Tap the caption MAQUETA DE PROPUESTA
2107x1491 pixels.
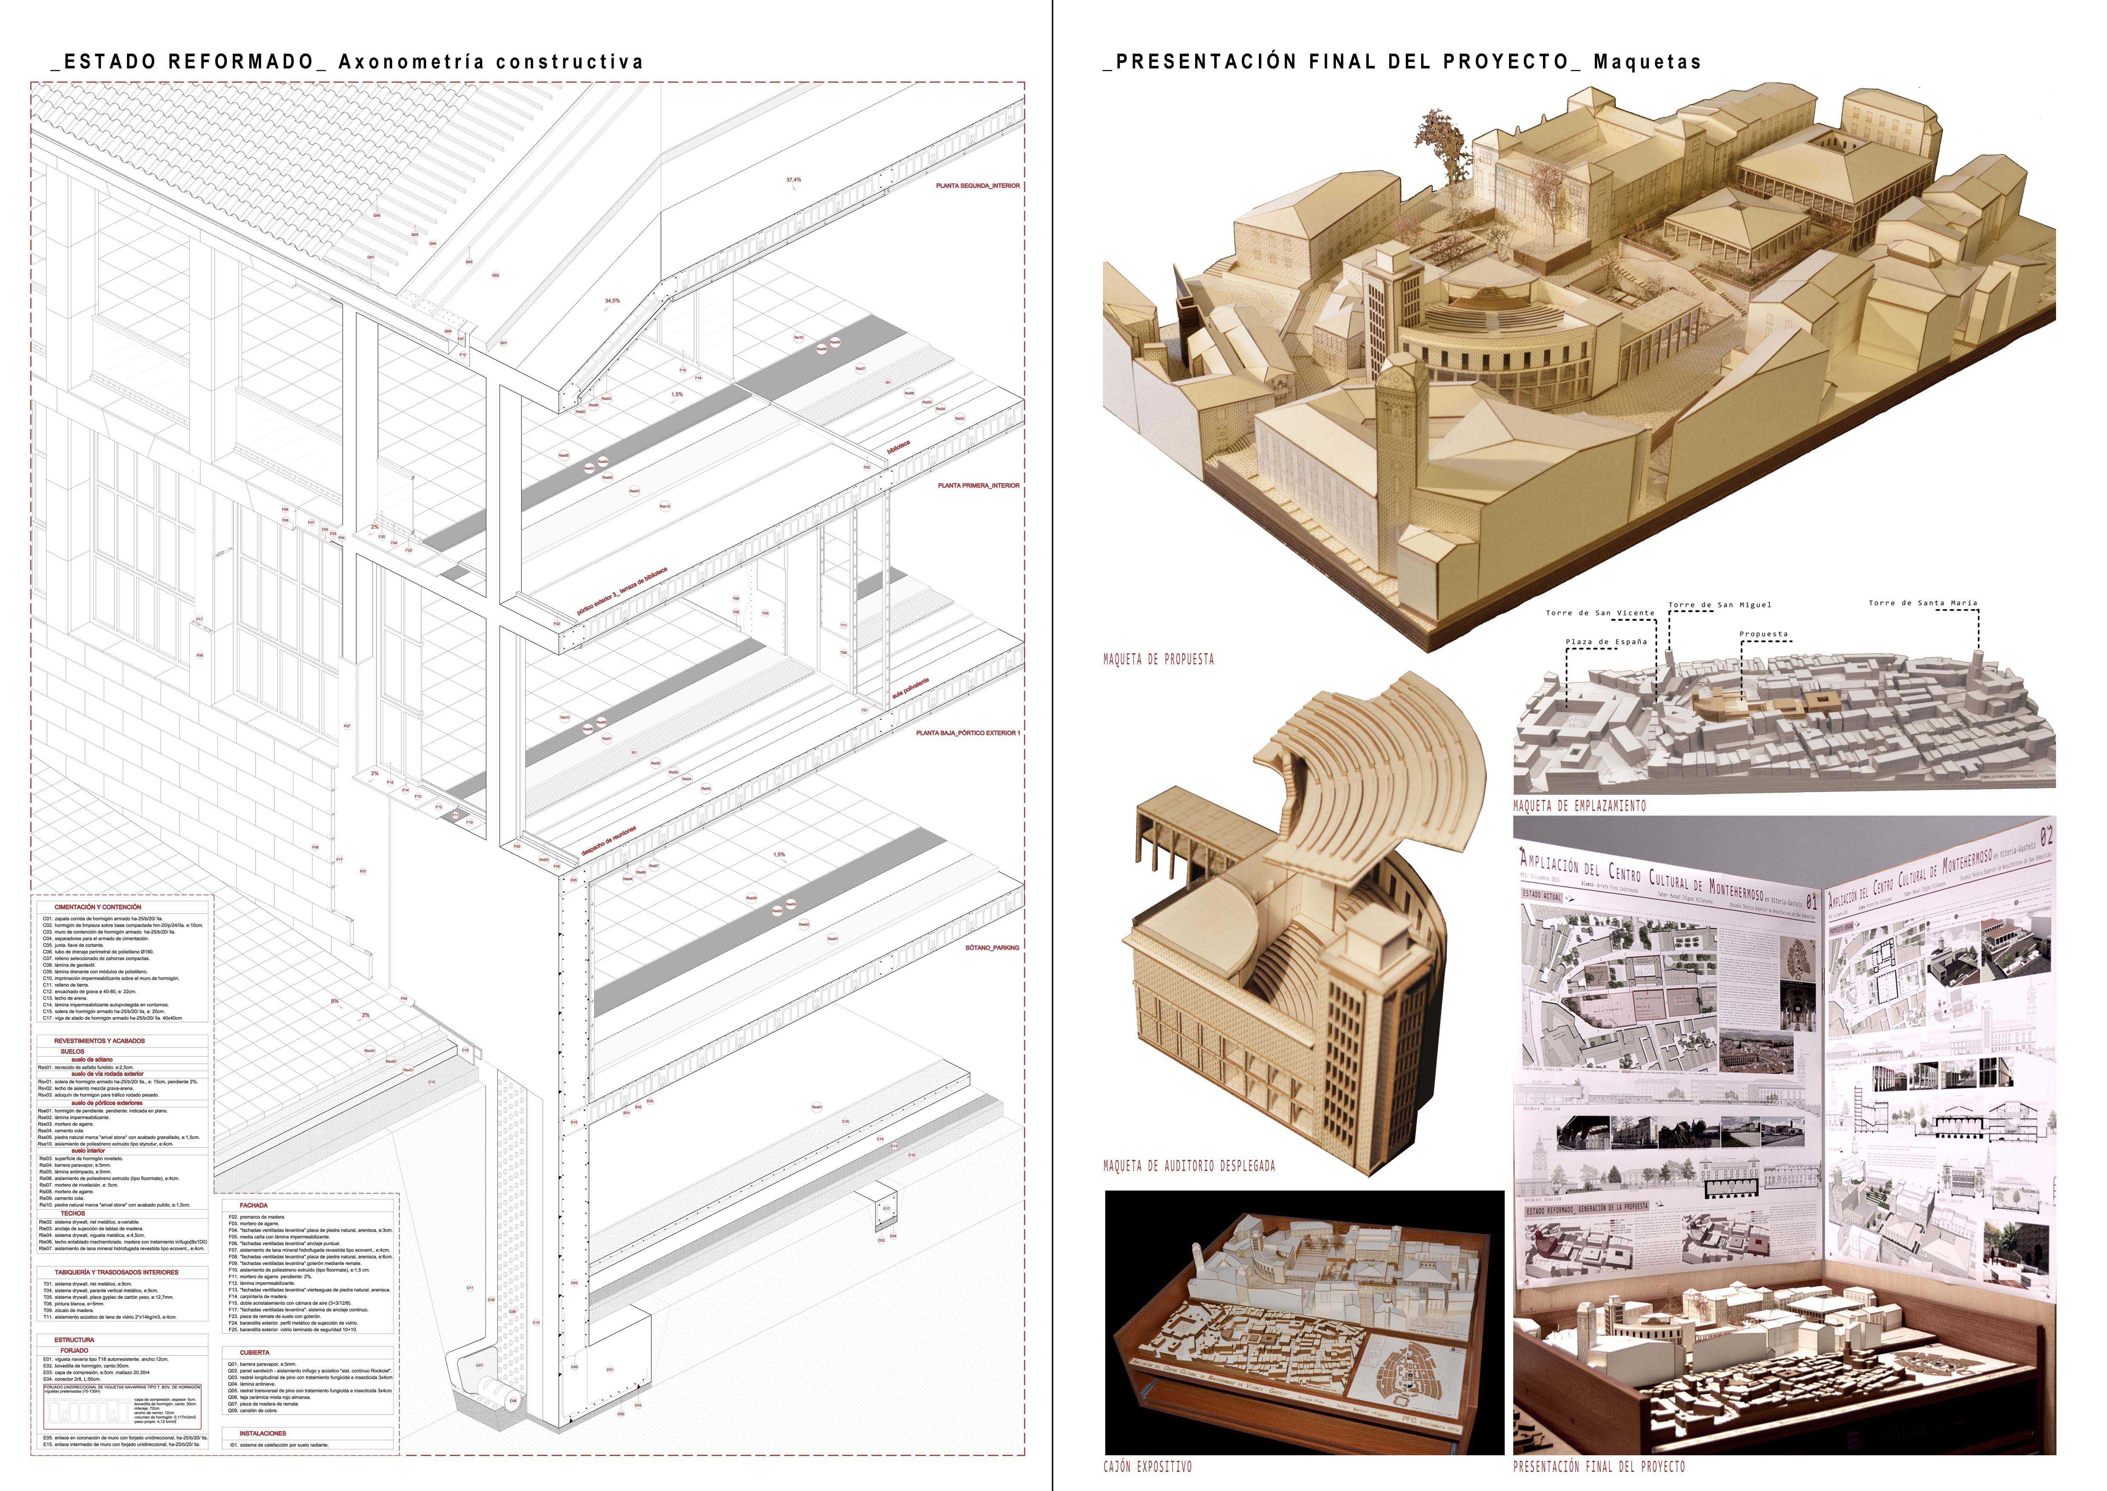pos(1158,658)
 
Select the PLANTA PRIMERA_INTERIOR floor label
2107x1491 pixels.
pos(977,486)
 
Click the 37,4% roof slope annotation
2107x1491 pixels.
pos(793,180)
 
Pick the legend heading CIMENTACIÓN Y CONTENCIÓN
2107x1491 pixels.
pos(98,907)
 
